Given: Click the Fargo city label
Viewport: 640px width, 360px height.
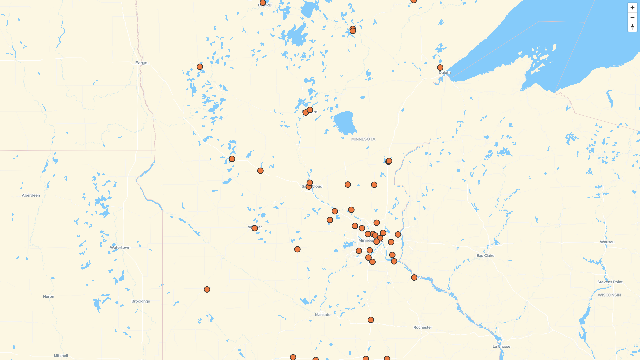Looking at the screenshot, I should [141, 63].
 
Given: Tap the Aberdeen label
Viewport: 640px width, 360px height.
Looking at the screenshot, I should [31, 195].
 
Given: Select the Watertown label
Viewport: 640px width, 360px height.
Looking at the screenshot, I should [120, 247].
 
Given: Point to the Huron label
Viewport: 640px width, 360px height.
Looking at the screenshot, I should [48, 296].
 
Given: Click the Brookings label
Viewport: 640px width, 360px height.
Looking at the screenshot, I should [140, 301].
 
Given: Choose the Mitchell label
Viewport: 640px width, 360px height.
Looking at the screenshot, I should [61, 356].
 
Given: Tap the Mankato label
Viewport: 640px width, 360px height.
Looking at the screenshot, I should [323, 315].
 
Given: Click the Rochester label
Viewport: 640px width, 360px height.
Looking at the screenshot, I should [422, 327].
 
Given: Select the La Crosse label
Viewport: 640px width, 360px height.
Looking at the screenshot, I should [501, 346].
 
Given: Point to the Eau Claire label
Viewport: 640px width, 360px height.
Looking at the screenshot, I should [485, 256].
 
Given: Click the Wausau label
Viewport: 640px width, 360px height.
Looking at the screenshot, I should [607, 242].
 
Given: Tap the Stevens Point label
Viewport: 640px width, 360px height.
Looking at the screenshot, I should [610, 282].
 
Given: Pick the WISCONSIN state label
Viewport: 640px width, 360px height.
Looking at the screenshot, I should [609, 295].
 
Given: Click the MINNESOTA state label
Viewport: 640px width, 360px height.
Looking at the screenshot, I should [363, 139].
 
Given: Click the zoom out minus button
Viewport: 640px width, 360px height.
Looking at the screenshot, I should [632, 17].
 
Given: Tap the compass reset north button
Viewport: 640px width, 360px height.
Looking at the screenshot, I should [632, 27].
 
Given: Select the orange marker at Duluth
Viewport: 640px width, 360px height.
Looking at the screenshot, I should [440, 68].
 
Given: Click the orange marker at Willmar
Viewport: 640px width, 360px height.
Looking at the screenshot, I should [255, 228].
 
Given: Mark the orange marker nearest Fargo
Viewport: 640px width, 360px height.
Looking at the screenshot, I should [200, 67].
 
